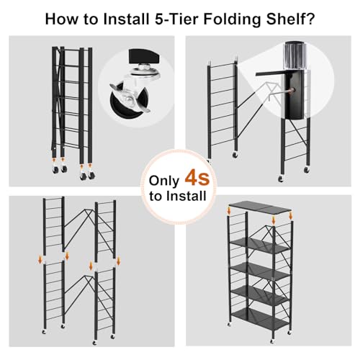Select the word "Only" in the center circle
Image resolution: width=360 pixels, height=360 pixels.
(x=163, y=179)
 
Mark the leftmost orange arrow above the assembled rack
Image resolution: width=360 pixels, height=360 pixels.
(x=229, y=211)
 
